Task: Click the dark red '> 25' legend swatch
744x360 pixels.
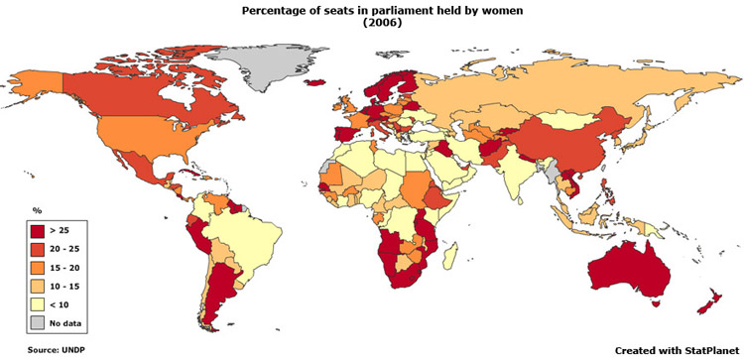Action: pyautogui.click(x=40, y=230)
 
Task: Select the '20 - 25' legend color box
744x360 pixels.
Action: pyautogui.click(x=40, y=249)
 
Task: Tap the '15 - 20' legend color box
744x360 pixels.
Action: pyautogui.click(x=40, y=267)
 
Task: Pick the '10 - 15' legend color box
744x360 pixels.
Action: pyautogui.click(x=40, y=286)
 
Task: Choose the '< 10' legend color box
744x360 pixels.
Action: pyautogui.click(x=40, y=303)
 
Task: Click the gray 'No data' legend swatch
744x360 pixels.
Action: pyautogui.click(x=40, y=322)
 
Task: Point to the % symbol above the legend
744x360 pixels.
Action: pyautogui.click(x=36, y=211)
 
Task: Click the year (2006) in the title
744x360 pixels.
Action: pyautogui.click(x=371, y=22)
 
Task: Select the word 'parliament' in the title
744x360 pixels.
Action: pyautogui.click(x=372, y=10)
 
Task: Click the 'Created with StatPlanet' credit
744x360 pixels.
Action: pyautogui.click(x=675, y=350)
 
